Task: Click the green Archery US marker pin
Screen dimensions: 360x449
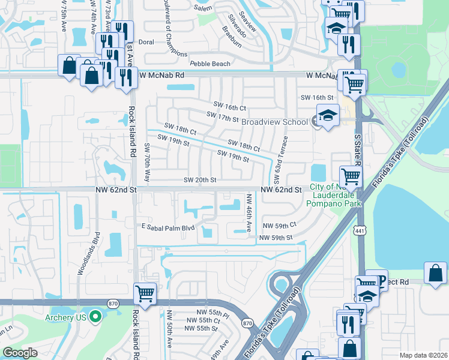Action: (94, 317)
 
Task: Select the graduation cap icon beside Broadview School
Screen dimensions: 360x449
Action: (328, 116)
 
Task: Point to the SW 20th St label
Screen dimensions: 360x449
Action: (199, 180)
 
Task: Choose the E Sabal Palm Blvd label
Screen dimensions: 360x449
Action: (169, 227)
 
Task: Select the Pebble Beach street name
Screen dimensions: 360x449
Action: (209, 64)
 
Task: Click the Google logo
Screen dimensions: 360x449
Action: (20, 353)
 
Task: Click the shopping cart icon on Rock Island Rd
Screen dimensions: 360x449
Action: (145, 293)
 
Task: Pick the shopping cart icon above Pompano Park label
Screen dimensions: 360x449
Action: (351, 176)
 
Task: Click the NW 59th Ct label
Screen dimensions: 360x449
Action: (280, 225)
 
